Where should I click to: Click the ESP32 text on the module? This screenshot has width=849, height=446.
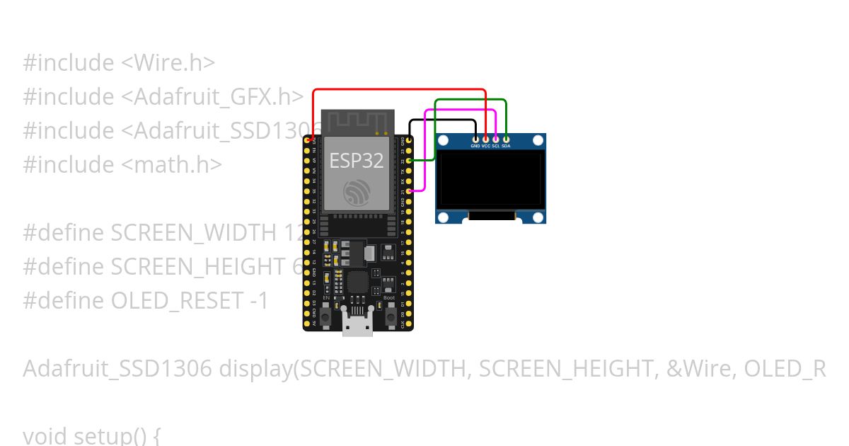click(357, 161)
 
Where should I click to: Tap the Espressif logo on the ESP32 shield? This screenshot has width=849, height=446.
click(357, 193)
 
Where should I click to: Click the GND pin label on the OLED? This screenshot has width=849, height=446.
click(475, 146)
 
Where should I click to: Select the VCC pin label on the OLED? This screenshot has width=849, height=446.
click(486, 146)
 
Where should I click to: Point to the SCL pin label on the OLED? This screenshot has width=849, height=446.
click(496, 146)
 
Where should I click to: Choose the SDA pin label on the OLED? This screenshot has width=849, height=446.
click(506, 146)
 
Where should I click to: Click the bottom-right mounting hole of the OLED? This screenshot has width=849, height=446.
click(538, 217)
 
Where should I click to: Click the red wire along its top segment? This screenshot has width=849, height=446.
click(400, 89)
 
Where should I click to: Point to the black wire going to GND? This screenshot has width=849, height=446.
click(442, 120)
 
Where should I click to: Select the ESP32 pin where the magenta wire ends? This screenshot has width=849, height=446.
click(410, 191)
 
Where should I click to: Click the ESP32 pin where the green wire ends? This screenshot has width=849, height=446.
click(410, 161)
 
